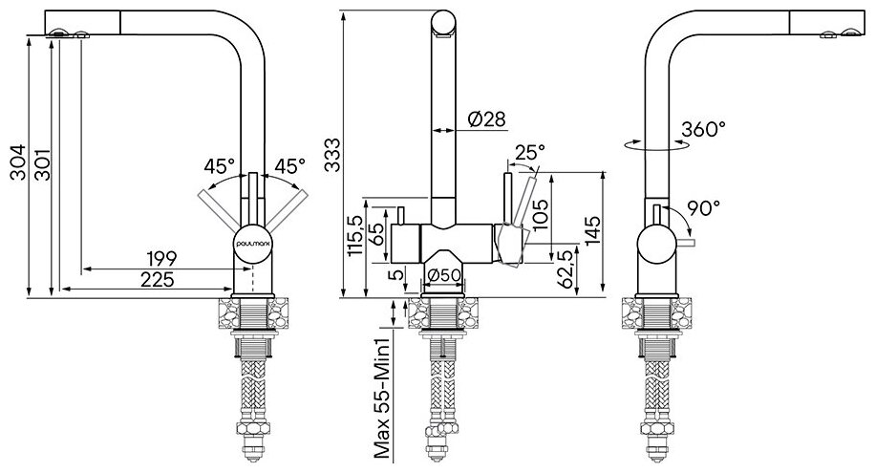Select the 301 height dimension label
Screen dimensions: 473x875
point(39,168)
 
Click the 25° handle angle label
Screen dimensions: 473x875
point(529,152)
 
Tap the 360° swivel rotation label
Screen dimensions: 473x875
point(705,129)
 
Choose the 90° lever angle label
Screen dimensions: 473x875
point(703,206)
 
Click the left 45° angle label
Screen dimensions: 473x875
point(220,165)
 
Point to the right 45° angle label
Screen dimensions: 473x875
point(288,165)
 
